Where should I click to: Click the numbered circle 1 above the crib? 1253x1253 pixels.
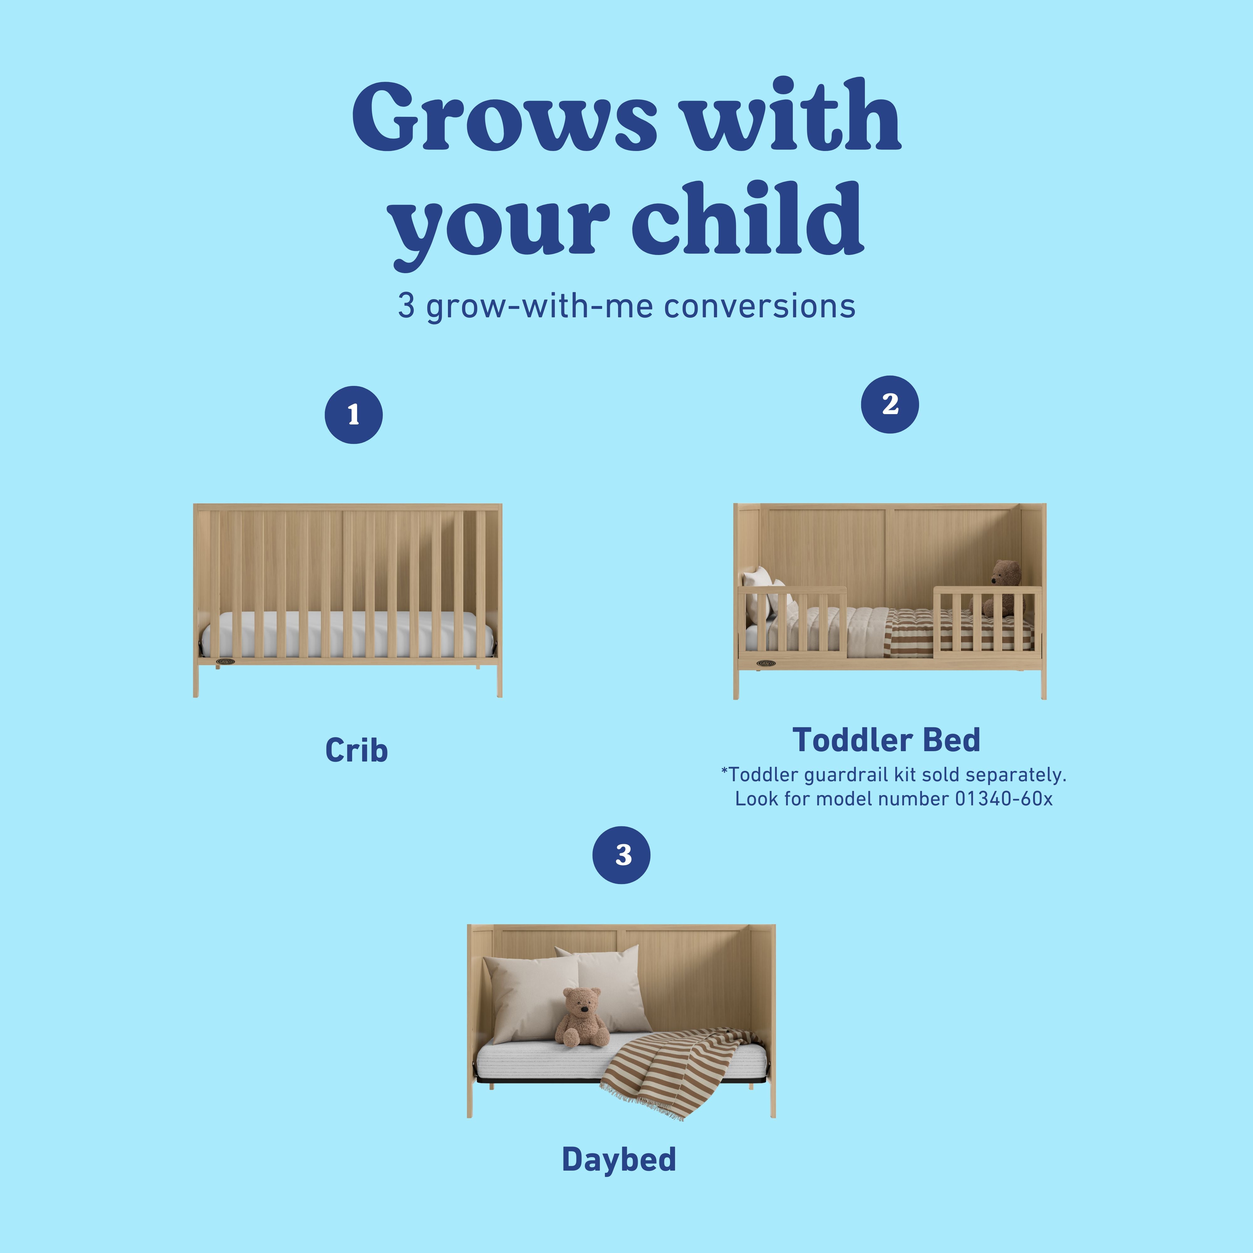(353, 415)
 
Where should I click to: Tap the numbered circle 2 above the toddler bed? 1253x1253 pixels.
(890, 405)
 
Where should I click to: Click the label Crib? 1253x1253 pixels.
(356, 750)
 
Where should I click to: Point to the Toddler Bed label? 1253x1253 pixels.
(886, 740)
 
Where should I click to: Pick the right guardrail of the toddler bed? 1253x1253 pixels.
(987, 619)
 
